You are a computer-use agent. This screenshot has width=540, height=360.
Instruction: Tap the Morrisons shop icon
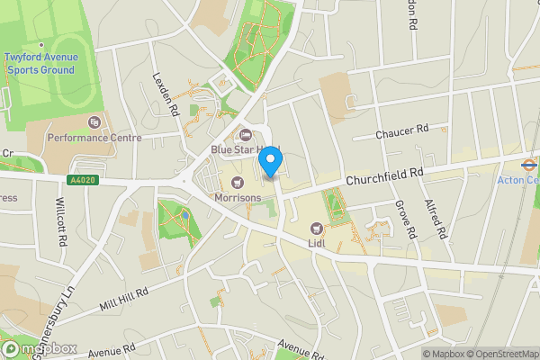tap(238, 183)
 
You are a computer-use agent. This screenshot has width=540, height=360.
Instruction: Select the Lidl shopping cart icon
tap(316, 229)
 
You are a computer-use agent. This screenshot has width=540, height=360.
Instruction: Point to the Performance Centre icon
tap(94, 122)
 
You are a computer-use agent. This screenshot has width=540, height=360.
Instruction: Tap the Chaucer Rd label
tap(402, 132)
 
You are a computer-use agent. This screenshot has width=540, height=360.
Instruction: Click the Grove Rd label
tap(407, 219)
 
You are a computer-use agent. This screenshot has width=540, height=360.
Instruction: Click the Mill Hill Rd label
tap(123, 301)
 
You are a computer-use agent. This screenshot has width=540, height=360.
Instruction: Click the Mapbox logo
tap(40, 349)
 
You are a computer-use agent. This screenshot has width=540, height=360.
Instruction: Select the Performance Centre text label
tap(94, 138)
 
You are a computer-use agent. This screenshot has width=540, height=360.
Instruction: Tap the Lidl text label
tap(316, 243)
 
